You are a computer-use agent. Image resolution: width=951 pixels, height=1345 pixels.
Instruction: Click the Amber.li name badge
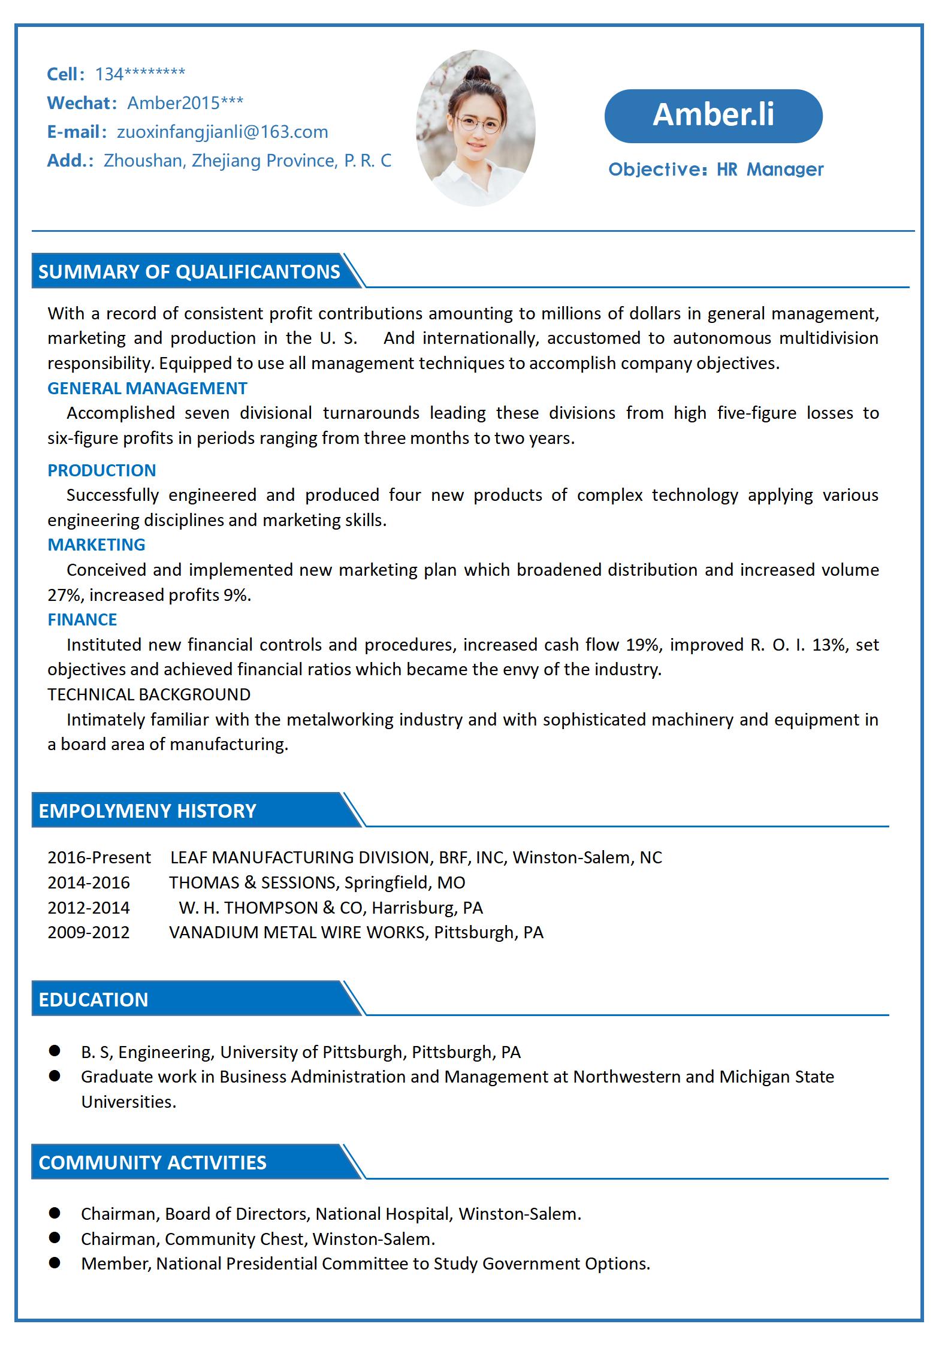[713, 116]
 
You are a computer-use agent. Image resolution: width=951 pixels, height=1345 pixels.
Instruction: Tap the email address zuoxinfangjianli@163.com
[222, 132]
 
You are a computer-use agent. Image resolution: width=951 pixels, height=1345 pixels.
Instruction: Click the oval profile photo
[475, 128]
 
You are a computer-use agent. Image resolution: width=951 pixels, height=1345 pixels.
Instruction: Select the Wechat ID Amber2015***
[185, 103]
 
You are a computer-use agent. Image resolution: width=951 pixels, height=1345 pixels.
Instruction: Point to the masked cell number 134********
[140, 74]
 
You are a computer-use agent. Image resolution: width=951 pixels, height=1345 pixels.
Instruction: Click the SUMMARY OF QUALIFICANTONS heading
[189, 272]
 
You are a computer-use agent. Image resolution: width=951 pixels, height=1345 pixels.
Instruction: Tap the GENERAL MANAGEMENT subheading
[147, 388]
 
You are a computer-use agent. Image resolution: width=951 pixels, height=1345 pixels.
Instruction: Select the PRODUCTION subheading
[101, 470]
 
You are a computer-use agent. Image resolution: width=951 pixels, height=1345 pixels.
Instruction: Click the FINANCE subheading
[82, 619]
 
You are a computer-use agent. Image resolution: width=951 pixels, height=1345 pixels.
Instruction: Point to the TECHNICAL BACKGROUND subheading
[149, 694]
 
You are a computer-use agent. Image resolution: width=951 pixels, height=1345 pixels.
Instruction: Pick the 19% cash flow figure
[642, 645]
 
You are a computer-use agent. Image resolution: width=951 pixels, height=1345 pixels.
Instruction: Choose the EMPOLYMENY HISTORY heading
[147, 811]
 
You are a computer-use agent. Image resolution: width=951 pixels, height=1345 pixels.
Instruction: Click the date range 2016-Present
[99, 857]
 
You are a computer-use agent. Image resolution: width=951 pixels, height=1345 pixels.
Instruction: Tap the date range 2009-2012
[88, 932]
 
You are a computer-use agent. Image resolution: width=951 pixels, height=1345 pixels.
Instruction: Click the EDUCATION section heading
[93, 999]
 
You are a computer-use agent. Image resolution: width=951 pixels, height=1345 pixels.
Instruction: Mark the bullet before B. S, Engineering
[55, 1051]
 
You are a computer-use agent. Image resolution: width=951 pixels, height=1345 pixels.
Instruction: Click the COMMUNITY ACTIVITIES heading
[152, 1162]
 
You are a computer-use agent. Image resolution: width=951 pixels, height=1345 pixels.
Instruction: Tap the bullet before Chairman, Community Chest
[55, 1237]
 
